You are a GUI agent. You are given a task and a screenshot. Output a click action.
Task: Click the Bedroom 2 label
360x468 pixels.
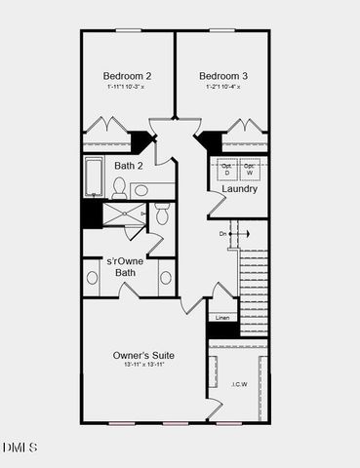point(127,75)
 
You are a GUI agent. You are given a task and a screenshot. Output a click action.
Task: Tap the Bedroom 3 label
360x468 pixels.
point(222,75)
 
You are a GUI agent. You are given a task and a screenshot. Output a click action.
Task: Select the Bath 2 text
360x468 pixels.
point(129,166)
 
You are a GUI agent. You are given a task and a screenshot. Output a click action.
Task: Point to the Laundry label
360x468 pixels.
point(239,188)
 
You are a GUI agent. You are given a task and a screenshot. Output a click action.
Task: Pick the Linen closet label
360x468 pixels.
point(221,318)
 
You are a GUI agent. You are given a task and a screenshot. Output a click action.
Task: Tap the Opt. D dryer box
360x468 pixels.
point(226,169)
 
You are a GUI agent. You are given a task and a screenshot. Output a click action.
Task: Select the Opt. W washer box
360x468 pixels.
point(250,169)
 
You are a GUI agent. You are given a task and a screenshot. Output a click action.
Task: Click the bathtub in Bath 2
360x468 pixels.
point(95,177)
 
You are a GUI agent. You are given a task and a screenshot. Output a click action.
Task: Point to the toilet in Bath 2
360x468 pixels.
point(162,214)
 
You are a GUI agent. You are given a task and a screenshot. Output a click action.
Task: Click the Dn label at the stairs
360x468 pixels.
point(223,234)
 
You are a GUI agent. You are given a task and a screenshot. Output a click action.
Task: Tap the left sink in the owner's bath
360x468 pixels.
point(93,278)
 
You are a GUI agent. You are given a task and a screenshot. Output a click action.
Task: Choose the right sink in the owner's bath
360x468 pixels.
point(166,278)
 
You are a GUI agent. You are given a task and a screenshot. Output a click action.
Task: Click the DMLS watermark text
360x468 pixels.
point(20,448)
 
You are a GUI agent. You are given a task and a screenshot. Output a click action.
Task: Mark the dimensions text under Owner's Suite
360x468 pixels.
point(142,368)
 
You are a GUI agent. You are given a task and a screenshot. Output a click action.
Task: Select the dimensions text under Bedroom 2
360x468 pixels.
point(127,88)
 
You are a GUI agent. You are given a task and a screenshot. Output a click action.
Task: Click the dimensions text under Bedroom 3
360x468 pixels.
point(222,88)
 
